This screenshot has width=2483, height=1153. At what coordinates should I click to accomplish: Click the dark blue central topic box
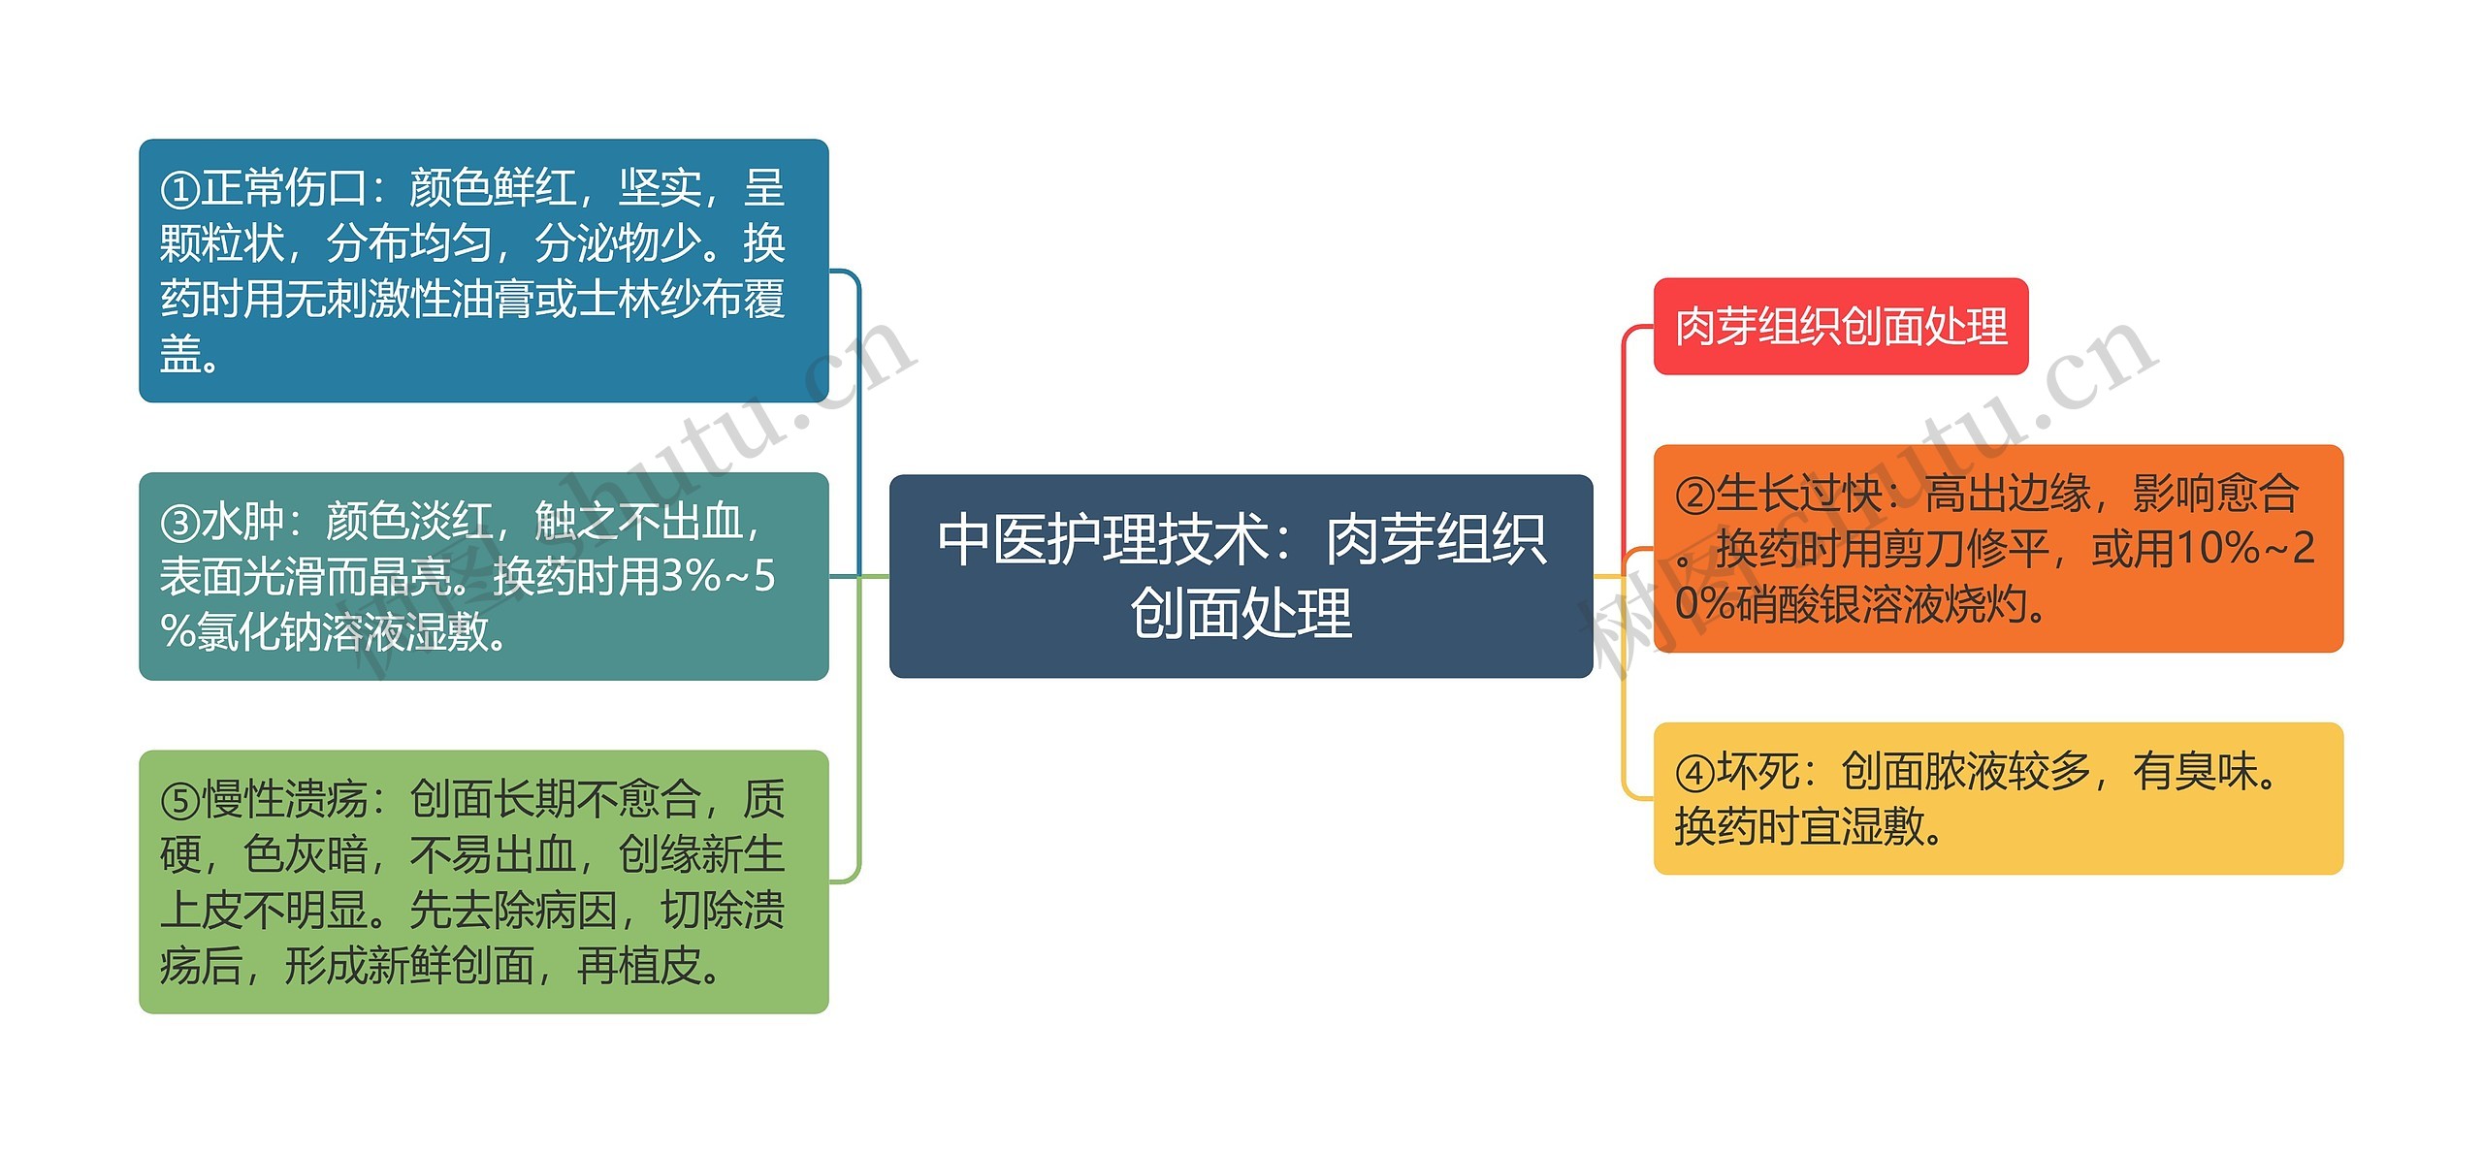1241,576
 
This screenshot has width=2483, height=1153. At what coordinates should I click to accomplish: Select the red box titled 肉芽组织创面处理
1840,326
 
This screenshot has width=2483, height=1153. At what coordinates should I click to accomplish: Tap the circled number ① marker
179,189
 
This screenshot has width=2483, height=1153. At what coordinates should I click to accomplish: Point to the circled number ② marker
1694,496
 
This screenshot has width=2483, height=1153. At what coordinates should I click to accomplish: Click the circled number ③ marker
179,524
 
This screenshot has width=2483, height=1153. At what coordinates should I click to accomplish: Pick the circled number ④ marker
1694,773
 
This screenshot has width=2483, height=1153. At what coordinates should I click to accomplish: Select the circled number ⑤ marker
179,801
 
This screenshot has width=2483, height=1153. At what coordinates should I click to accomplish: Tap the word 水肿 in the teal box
242,522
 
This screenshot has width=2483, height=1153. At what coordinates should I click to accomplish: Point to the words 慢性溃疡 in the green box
285,800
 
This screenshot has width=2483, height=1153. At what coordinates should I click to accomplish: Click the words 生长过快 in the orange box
1799,494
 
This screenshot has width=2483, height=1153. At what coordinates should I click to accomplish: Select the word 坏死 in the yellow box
1757,772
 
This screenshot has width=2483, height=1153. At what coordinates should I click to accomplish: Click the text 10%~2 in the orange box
2244,549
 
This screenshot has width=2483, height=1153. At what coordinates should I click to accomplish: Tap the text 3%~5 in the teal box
718,577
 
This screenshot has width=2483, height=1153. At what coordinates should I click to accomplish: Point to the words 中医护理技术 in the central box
1103,539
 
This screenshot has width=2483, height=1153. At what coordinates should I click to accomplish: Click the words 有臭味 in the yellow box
2194,772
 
